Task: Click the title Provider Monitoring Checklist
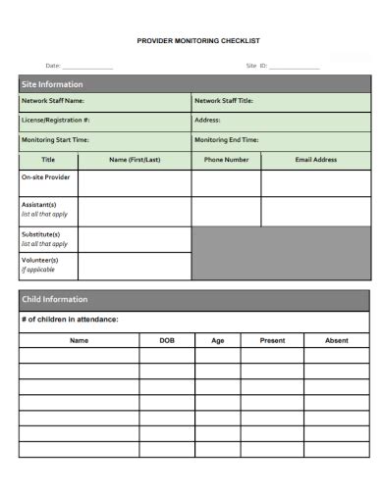[x=197, y=41]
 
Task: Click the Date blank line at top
[x=87, y=67]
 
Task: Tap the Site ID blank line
[x=294, y=67]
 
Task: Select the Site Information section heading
[x=52, y=84]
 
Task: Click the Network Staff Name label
[x=53, y=101]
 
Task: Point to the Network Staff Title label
[x=224, y=101]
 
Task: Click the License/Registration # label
[x=56, y=120]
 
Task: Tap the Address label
[x=207, y=120]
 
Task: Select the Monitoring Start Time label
[x=55, y=140]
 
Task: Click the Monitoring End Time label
[x=227, y=140]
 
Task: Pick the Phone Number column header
[x=226, y=159]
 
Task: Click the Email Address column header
[x=316, y=159]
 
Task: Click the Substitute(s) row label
[x=41, y=234]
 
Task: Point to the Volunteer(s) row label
[x=40, y=260]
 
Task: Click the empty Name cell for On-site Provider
[x=135, y=183]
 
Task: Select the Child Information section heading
[x=55, y=299]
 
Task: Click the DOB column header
[x=168, y=340]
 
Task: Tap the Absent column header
[x=336, y=340]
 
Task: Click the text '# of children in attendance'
[x=70, y=320]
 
